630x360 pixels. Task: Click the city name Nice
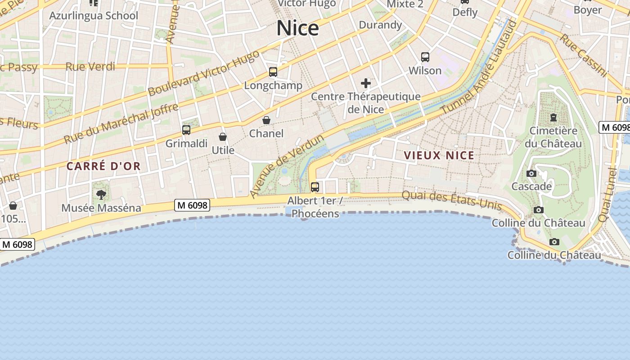297,28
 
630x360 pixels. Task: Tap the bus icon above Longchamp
273,72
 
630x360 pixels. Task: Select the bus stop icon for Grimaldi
186,130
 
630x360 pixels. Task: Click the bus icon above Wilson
425,57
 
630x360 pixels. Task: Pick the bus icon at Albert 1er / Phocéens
315,187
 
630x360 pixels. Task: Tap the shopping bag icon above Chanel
266,120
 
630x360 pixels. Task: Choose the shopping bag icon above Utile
223,137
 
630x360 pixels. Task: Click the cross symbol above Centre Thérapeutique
366,83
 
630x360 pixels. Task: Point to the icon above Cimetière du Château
553,117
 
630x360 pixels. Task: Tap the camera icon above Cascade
531,174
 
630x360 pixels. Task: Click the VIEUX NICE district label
439,156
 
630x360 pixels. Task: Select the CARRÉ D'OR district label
103,166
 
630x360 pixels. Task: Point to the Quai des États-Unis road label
451,200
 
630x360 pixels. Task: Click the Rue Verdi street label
90,67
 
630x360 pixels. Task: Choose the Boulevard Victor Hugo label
204,73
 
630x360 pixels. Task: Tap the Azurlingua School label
94,16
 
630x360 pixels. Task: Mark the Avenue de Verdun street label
287,166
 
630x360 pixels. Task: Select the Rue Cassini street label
583,55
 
